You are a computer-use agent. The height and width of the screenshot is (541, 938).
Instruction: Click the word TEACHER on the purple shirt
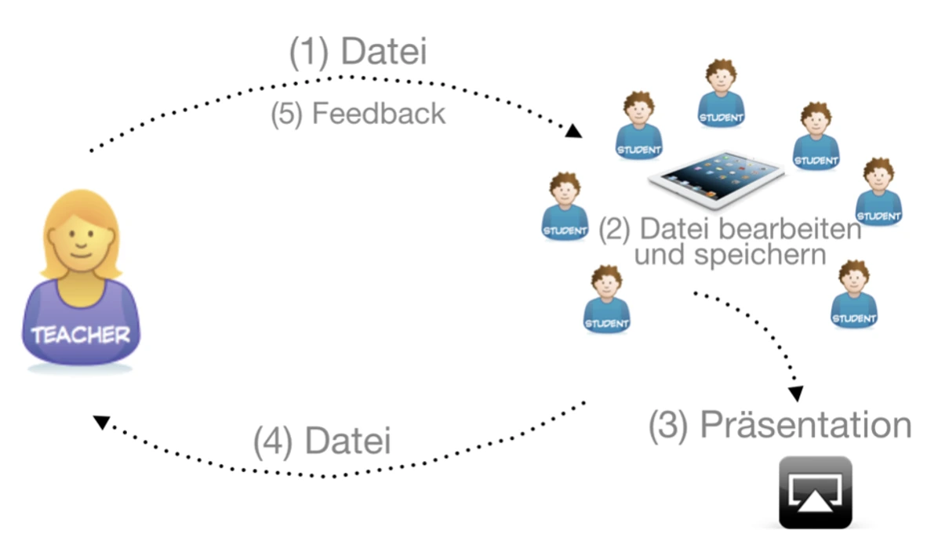pyautogui.click(x=80, y=336)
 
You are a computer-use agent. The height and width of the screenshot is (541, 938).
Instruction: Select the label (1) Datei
pyautogui.click(x=358, y=53)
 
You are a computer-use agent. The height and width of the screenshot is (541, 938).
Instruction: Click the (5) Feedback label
pyautogui.click(x=358, y=114)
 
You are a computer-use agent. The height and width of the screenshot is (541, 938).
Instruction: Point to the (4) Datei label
pyautogui.click(x=322, y=441)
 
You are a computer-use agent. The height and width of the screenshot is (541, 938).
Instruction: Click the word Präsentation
pyautogui.click(x=806, y=425)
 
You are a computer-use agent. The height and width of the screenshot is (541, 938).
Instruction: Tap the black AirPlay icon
pyautogui.click(x=815, y=492)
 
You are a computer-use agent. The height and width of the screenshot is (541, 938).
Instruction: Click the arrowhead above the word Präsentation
pyautogui.click(x=797, y=393)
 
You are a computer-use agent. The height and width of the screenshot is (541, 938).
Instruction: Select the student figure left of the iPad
pyautogui.click(x=565, y=206)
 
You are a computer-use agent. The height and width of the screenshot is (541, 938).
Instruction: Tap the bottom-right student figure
pyautogui.click(x=854, y=294)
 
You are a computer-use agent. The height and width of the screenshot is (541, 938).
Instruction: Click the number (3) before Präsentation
pyautogui.click(x=669, y=425)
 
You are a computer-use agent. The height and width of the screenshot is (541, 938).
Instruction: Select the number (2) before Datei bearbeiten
pyautogui.click(x=615, y=231)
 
